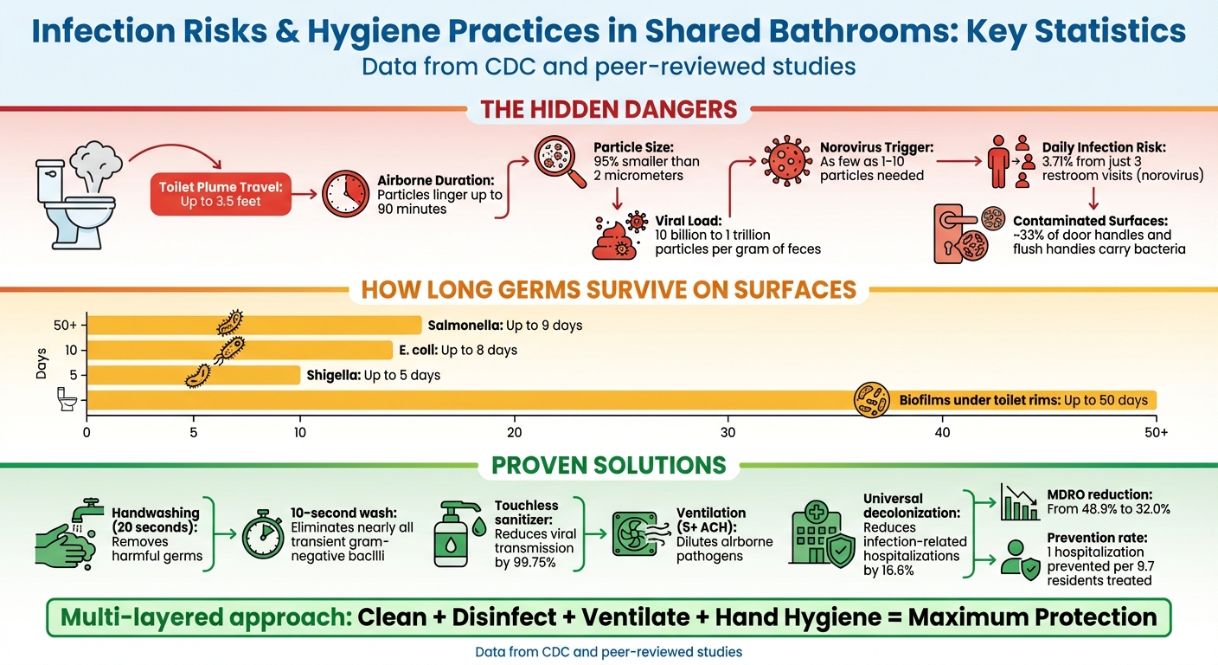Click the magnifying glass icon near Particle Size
coord(555,161)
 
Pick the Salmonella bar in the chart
coord(254,326)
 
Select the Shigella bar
coord(194,375)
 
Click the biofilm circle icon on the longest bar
coord(871,400)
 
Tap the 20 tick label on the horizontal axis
coord(515,432)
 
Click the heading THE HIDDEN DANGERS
coord(609,110)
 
